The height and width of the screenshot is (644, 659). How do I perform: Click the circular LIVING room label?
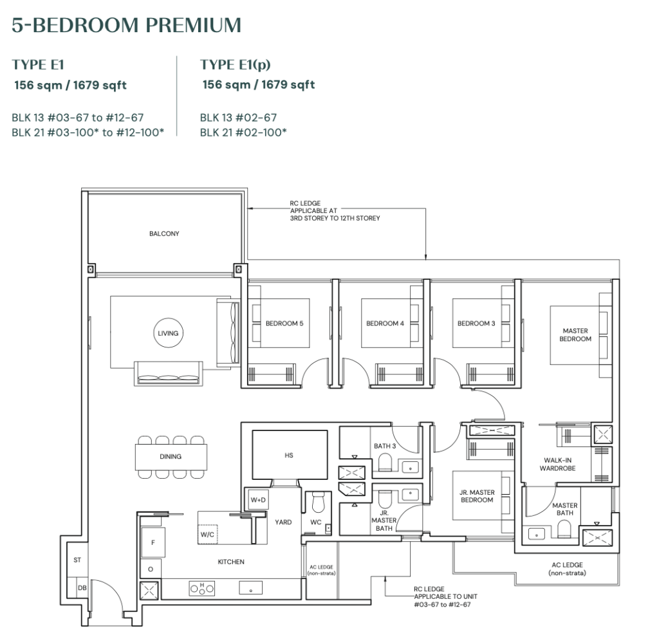[x=167, y=333]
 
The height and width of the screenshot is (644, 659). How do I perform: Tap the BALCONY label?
[x=164, y=234]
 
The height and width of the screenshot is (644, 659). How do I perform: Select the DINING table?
[x=171, y=457]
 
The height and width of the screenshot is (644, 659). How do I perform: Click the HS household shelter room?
[x=288, y=455]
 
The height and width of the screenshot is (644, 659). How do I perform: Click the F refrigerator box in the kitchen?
[x=153, y=542]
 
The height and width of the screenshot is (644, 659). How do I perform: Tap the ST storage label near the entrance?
[x=77, y=560]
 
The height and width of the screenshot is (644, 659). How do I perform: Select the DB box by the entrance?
[x=82, y=587]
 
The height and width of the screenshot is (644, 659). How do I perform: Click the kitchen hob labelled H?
[x=201, y=587]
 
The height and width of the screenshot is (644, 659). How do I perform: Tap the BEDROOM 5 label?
[x=284, y=324]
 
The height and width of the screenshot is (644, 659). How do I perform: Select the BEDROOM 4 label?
[x=385, y=324]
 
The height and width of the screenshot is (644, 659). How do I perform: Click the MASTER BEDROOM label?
[x=575, y=335]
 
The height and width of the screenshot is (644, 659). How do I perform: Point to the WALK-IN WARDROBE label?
[x=557, y=464]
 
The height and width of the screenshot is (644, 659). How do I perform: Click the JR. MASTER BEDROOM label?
[x=477, y=496]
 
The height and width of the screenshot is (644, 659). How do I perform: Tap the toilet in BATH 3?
[x=385, y=463]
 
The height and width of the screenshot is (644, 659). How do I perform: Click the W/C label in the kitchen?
[x=208, y=533]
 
